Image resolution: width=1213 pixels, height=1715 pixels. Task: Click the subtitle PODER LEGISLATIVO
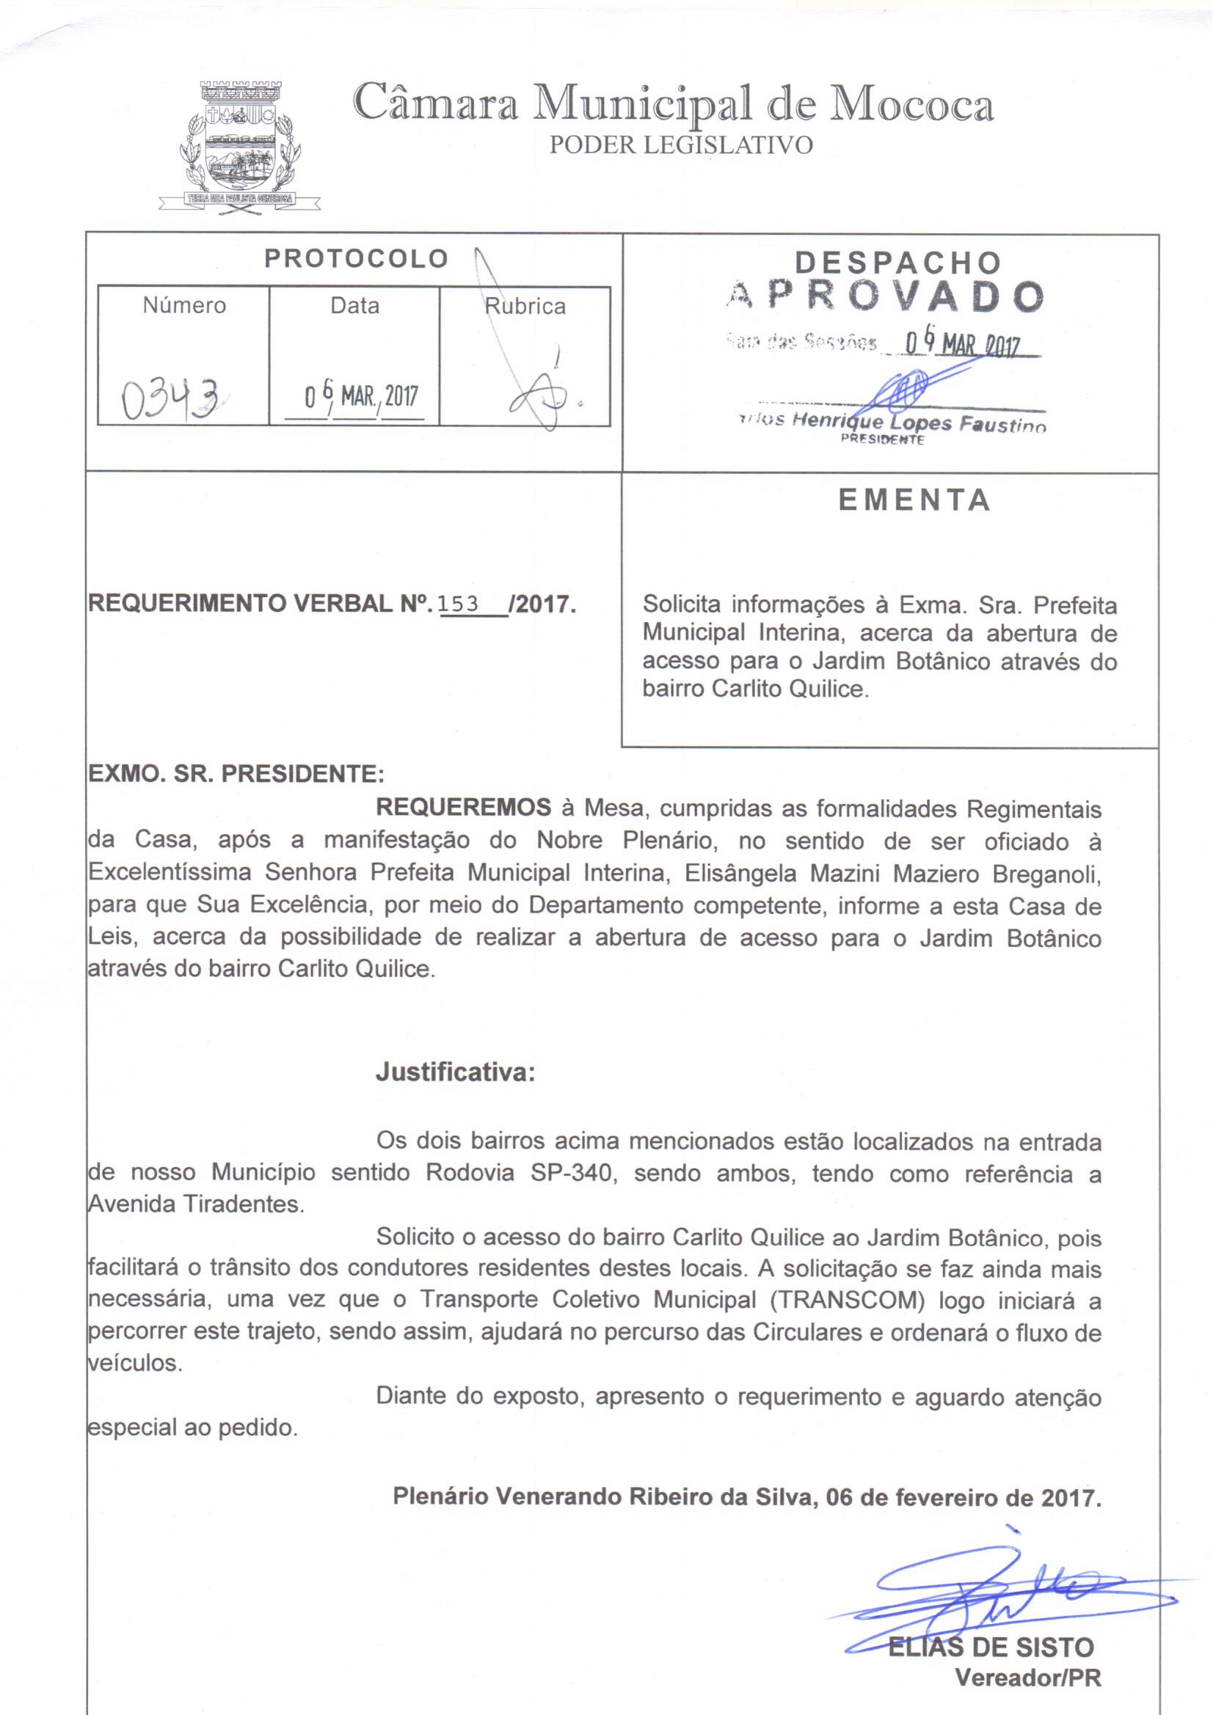point(681,145)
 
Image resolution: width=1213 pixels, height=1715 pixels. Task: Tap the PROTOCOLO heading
point(356,258)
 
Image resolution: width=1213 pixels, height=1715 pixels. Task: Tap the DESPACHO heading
point(897,262)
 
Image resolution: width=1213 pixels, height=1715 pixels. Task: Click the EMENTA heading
point(914,500)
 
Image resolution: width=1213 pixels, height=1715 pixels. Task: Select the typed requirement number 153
point(458,604)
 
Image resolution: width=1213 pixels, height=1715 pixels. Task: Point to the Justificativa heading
point(455,1072)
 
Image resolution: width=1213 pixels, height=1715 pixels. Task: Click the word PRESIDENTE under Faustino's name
point(883,439)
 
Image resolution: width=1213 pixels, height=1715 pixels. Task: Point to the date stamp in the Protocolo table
point(361,395)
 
